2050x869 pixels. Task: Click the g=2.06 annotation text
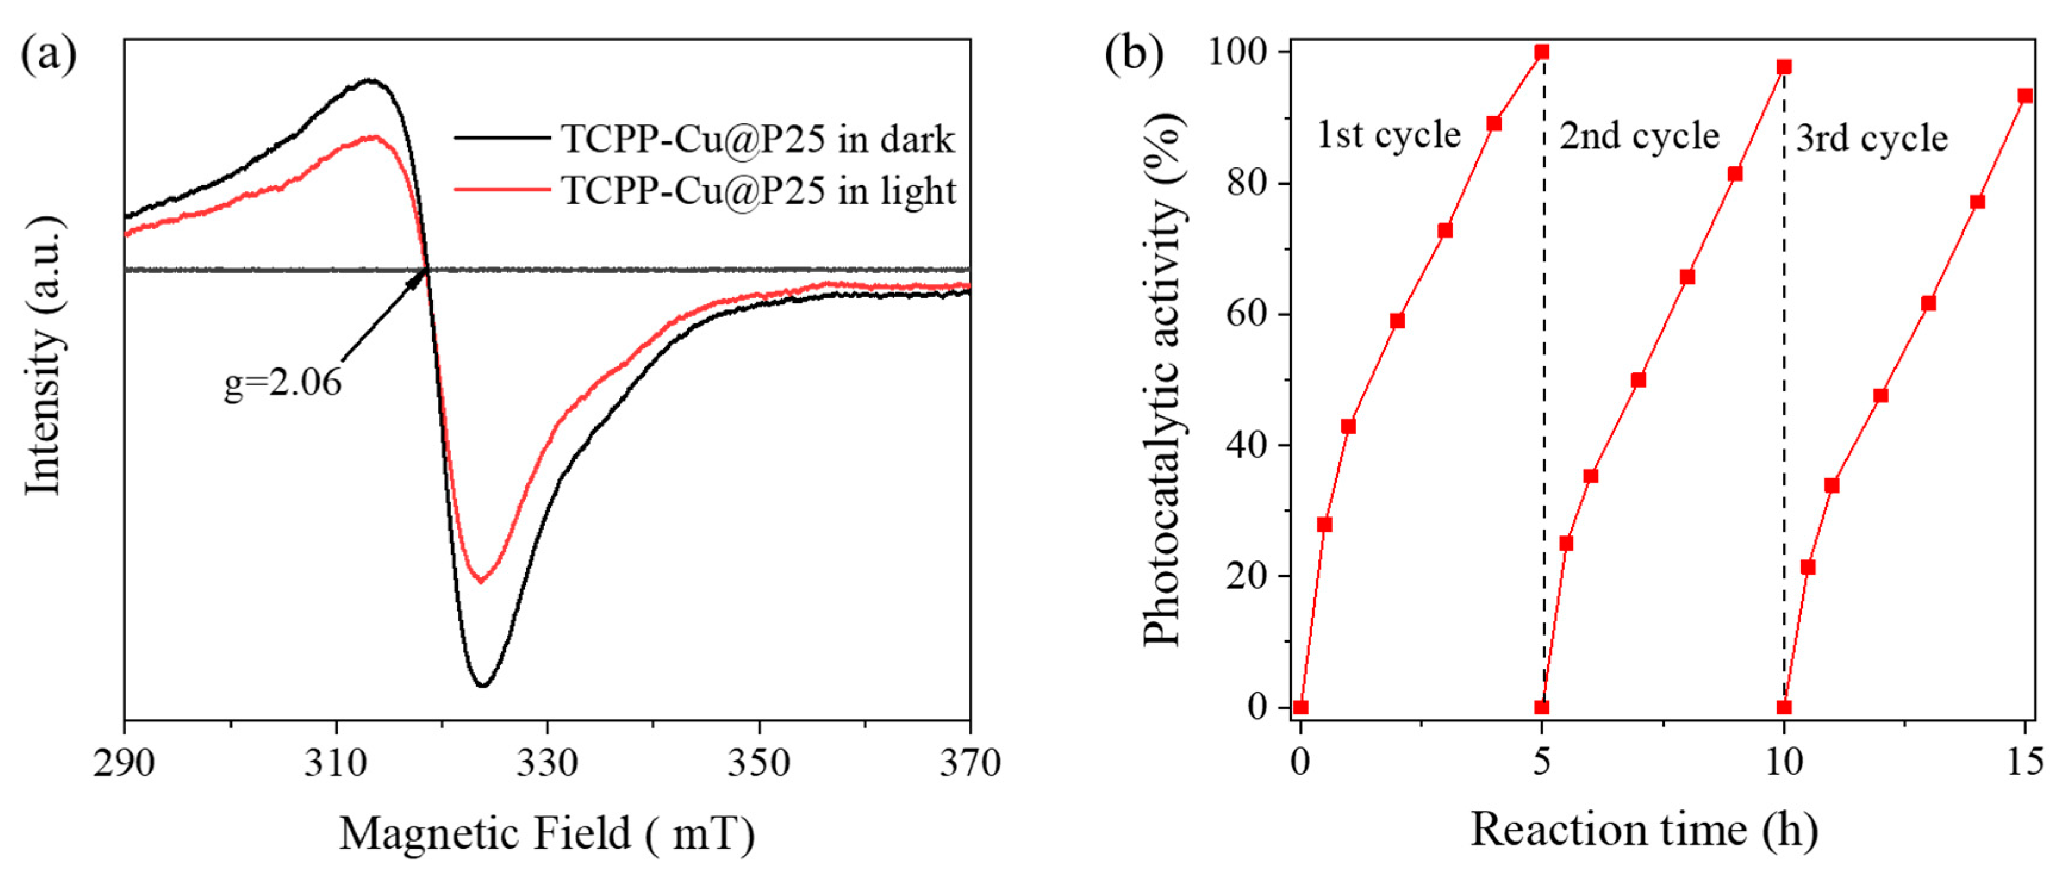click(282, 384)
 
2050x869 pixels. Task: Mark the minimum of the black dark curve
click(482, 684)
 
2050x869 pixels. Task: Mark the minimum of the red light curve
click(480, 581)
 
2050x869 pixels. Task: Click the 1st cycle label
click(1388, 135)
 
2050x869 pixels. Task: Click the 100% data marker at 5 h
click(1542, 52)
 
